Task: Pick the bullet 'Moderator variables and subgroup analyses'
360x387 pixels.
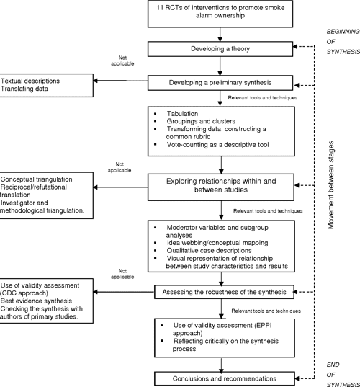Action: point(223,231)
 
